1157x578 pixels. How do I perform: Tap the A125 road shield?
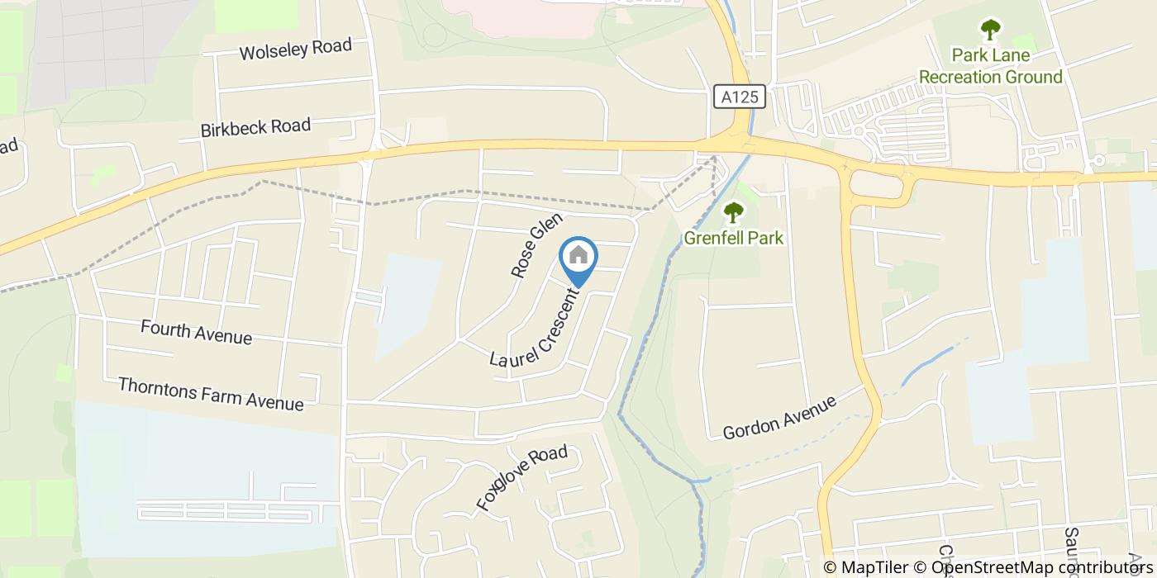click(740, 97)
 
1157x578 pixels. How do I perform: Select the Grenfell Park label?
click(733, 239)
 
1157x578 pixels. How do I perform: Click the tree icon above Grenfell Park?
click(733, 213)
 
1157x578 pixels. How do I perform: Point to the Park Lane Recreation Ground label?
click(991, 66)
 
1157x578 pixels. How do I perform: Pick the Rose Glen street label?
click(536, 244)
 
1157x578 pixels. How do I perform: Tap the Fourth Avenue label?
click(196, 332)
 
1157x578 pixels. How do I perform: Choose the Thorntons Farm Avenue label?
click(211, 393)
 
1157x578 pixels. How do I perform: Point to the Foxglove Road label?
click(521, 477)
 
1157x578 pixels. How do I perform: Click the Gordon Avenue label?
click(779, 417)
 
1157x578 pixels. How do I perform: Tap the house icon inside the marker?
click(578, 255)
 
